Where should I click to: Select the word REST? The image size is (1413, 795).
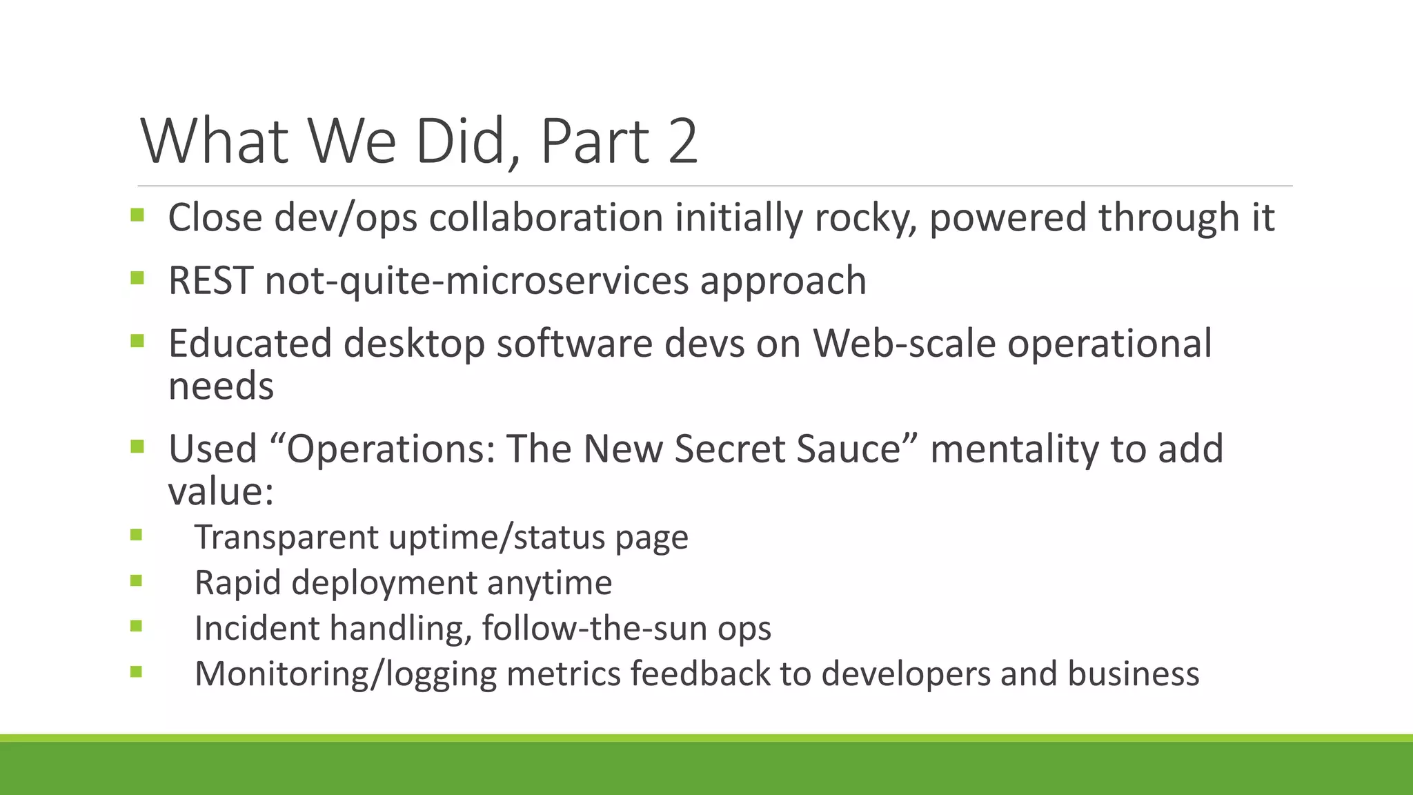pos(210,281)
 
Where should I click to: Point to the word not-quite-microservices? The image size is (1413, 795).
pos(477,281)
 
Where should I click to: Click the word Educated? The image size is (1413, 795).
pos(250,344)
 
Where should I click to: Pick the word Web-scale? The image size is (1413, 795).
pos(905,344)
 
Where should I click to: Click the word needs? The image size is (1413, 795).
pos(221,386)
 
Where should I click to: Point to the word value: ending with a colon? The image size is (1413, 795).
pos(221,491)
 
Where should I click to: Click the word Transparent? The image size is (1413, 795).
pos(286,538)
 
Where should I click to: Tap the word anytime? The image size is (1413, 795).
pos(549,583)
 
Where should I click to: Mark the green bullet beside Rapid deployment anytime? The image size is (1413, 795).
pos(136,581)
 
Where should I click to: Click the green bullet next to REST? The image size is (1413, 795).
pos(137,279)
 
